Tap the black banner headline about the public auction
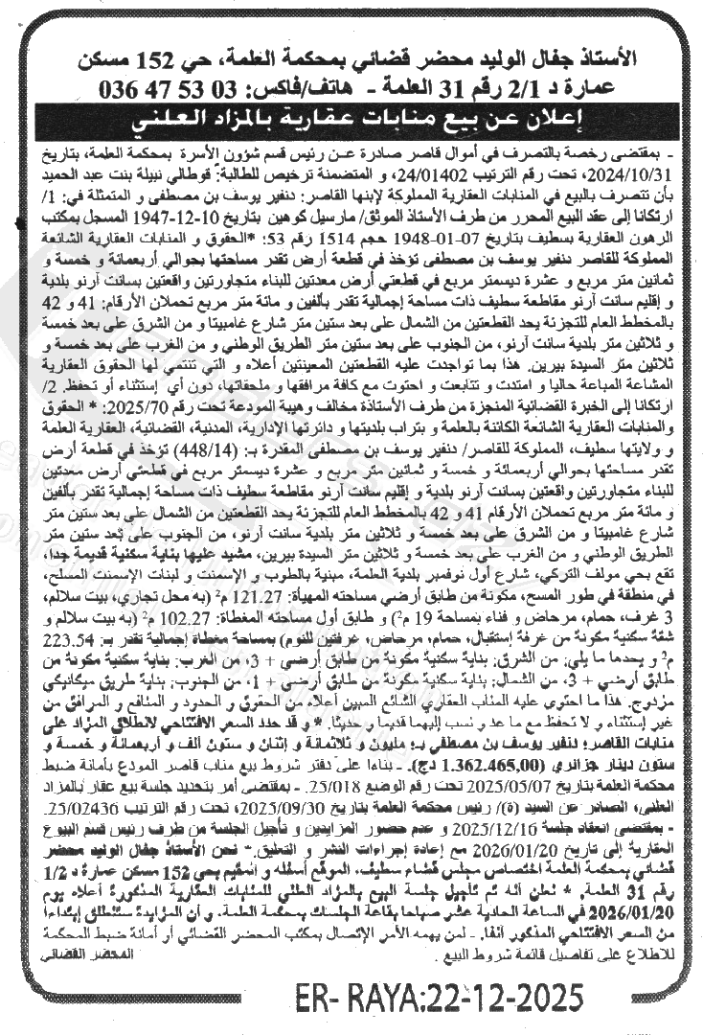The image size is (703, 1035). pyautogui.click(x=351, y=123)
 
